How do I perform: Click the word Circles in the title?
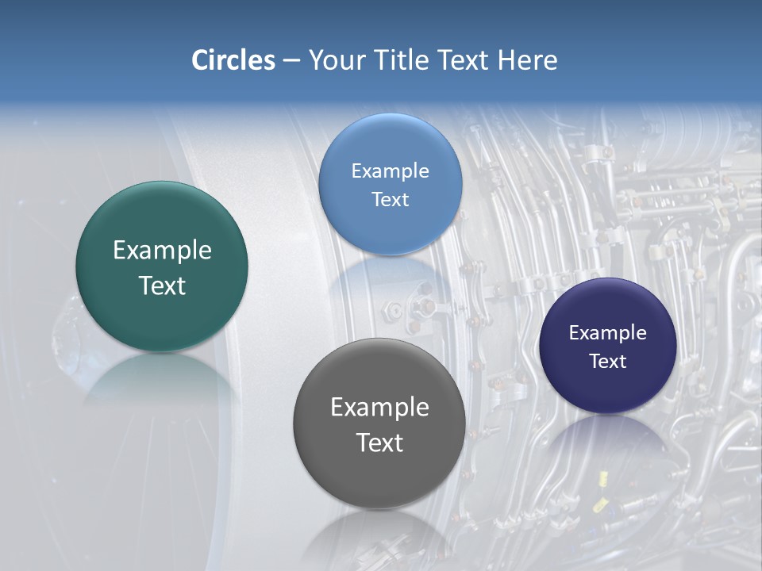coord(233,60)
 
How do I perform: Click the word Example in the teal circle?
coord(162,251)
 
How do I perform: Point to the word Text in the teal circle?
coord(162,286)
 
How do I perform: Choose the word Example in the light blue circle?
coord(390,171)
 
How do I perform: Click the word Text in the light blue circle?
coord(390,200)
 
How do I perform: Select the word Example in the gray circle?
coord(379,408)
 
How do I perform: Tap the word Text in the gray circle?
coord(379,443)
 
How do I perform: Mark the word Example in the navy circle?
coord(608,333)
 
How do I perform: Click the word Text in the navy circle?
coord(608,362)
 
